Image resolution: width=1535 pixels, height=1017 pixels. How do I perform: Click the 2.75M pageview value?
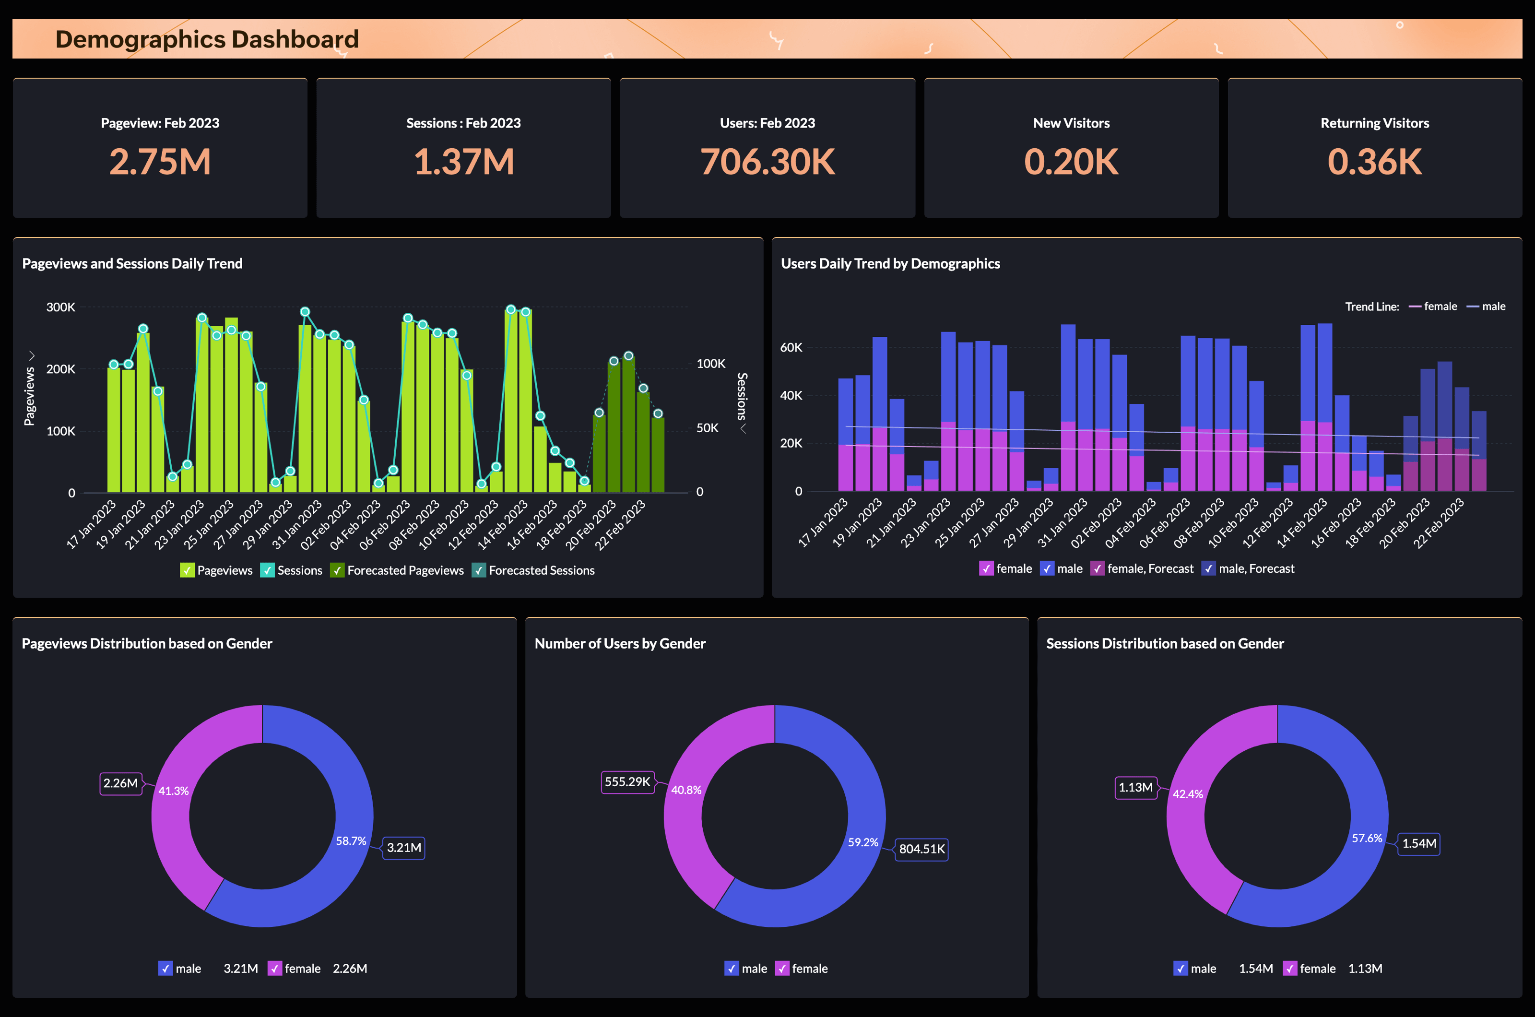point(160,162)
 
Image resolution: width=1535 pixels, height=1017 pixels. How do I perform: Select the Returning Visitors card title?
point(1374,123)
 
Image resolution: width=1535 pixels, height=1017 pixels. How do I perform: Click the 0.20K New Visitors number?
point(1071,162)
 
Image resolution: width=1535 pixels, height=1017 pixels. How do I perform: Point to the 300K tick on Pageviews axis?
point(60,307)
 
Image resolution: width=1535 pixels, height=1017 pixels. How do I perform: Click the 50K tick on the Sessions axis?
point(707,428)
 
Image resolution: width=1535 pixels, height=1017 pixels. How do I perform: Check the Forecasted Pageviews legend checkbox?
point(337,570)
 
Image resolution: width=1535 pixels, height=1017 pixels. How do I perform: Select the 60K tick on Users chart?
point(791,348)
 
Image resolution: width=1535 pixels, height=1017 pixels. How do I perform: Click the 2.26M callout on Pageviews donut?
point(120,783)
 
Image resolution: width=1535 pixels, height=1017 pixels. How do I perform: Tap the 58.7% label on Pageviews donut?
point(351,840)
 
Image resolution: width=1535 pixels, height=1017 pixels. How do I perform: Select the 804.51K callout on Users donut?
point(921,849)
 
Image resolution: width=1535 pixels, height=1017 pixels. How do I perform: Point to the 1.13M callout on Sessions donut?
point(1135,787)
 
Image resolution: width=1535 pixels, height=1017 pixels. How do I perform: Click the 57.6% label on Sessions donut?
point(1367,838)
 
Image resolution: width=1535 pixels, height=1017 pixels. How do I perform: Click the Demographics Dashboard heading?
point(207,39)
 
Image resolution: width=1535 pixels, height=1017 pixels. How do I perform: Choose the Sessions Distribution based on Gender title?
point(1165,643)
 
